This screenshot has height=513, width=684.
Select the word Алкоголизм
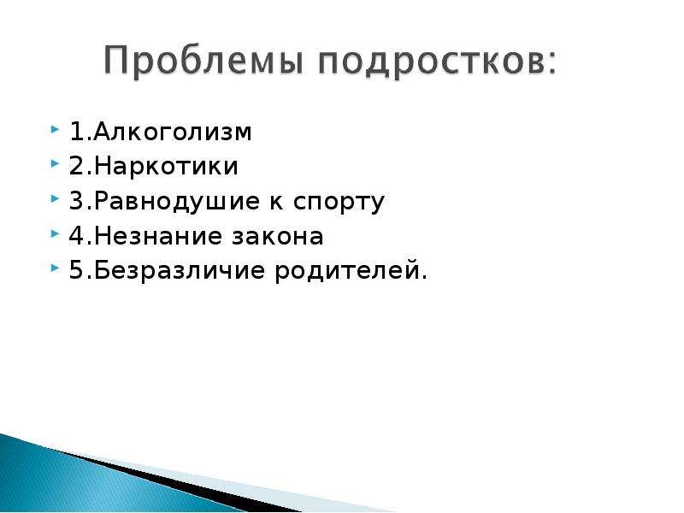[x=173, y=132]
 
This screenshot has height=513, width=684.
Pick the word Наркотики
[x=166, y=166]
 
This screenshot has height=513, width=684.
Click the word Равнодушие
[x=177, y=203]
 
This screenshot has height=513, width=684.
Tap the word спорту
[x=339, y=203]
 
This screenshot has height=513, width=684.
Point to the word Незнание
[x=156, y=236]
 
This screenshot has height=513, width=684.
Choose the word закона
[x=277, y=237]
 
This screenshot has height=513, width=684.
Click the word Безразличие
[x=180, y=271]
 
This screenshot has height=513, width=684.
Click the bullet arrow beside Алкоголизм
[x=55, y=129]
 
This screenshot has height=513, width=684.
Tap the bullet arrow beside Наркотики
[x=55, y=164]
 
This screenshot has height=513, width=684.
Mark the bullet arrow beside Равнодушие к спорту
[x=55, y=199]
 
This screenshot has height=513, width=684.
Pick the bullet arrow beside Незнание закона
[x=55, y=233]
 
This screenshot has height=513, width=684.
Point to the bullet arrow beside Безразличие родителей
[x=55, y=268]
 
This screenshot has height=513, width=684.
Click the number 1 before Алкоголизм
[x=77, y=132]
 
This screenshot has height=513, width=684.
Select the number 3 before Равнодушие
[x=77, y=201]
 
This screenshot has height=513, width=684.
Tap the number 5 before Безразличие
[x=77, y=271]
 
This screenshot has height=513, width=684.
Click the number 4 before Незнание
[x=77, y=236]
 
